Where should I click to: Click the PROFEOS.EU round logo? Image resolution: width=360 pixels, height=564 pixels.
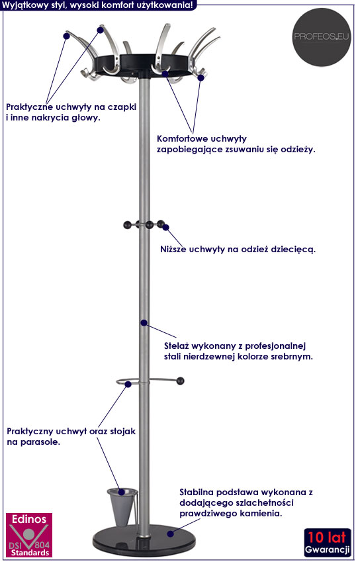point(321,37)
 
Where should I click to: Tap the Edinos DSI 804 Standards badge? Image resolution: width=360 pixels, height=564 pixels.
point(29,535)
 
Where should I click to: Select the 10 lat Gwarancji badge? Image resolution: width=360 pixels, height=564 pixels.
point(328,542)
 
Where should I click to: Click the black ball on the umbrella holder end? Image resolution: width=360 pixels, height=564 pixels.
point(180,381)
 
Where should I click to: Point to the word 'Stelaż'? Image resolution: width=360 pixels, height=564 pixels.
point(176,346)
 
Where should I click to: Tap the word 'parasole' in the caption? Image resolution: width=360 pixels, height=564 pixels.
point(40,442)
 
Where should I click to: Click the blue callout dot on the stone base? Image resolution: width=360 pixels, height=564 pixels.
point(171,534)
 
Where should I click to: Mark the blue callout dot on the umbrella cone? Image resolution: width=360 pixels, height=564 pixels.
point(122,492)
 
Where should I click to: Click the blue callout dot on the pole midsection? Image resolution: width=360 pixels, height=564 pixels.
point(144,323)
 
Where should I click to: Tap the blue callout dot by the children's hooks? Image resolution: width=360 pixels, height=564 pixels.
point(166,227)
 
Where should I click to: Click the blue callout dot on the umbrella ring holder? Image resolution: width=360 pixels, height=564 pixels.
point(128,384)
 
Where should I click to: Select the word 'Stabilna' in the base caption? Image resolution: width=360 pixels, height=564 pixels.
point(197,492)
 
